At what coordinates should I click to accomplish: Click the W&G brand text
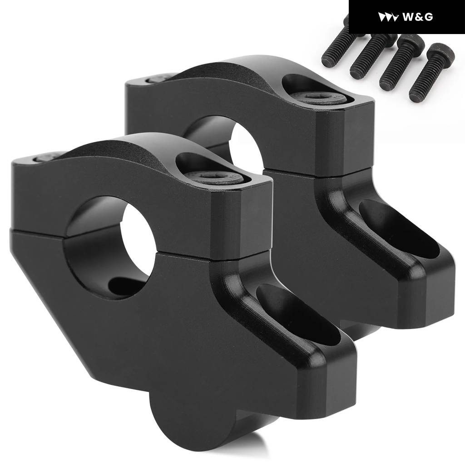[418, 17]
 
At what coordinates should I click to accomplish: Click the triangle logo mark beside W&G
[388, 17]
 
